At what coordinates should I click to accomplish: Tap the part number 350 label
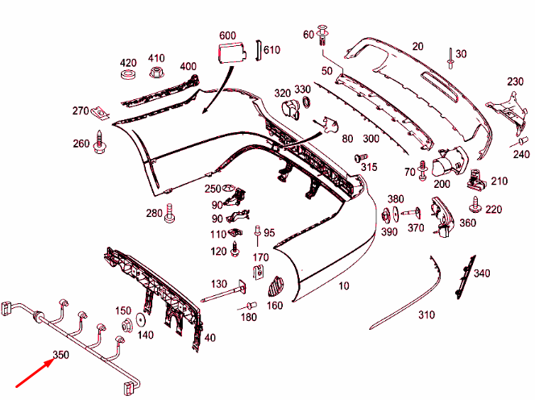pos(61,355)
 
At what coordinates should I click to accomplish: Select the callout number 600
pos(227,35)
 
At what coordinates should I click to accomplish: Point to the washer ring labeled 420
pos(127,77)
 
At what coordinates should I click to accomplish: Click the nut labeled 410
pos(155,73)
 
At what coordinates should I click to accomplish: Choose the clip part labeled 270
pos(100,112)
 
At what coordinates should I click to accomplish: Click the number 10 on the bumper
pos(344,285)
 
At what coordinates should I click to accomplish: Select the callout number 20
pos(417,46)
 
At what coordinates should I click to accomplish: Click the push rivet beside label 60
pos(325,35)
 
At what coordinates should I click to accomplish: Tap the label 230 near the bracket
pos(516,81)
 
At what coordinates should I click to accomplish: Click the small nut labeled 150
pos(126,327)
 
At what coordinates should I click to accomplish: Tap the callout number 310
pos(426,315)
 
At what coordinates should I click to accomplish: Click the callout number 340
pos(481,273)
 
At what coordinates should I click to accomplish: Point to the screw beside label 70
pos(422,173)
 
